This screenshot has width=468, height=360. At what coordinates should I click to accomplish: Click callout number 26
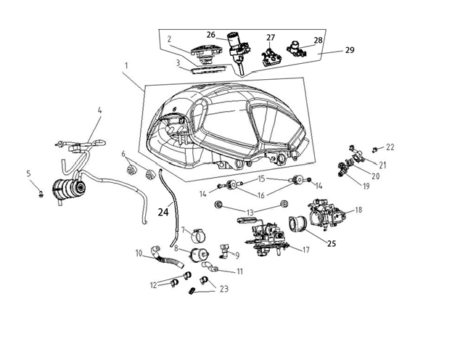point(210,34)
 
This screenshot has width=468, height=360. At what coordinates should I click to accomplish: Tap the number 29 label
point(350,52)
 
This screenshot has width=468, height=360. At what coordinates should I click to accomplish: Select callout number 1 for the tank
point(126,66)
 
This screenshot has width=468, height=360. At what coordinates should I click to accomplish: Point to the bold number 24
point(165,213)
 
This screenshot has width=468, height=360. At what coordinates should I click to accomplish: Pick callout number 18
point(358,210)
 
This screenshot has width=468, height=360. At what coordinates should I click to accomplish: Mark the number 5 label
point(29,173)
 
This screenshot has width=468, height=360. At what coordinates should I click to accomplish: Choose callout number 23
point(223,289)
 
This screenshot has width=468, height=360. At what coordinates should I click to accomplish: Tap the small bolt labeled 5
point(41,192)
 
